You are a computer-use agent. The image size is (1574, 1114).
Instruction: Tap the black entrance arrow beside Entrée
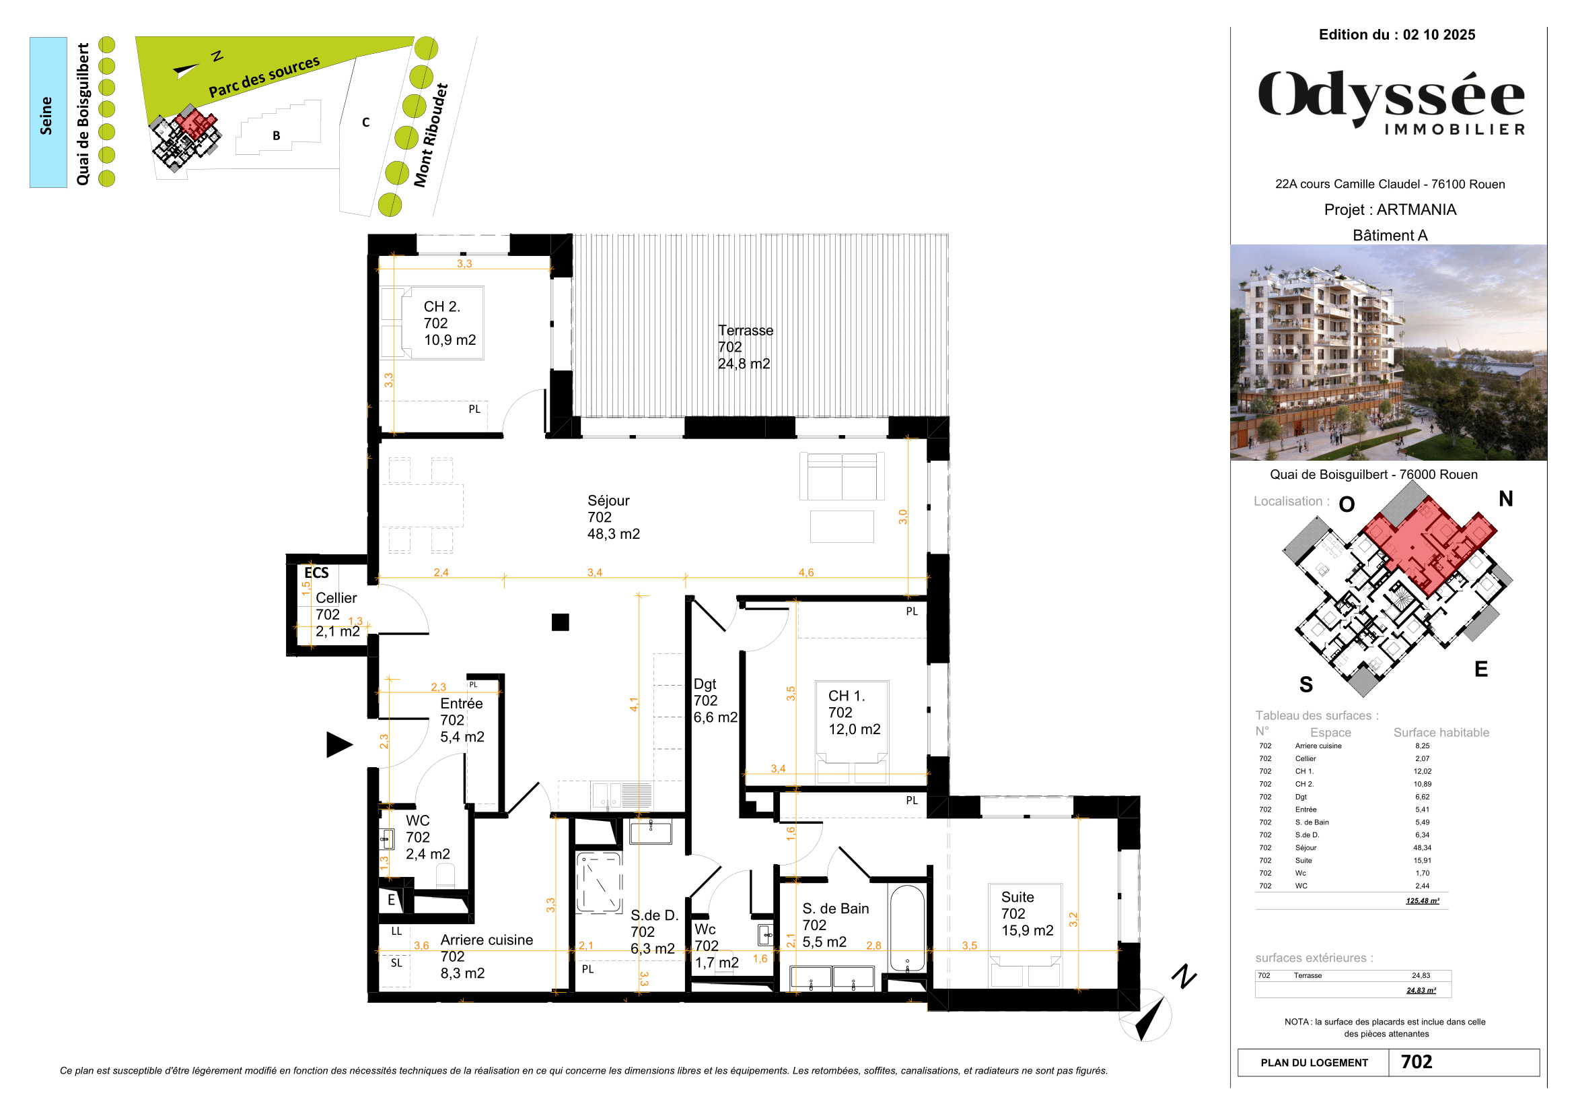(x=338, y=744)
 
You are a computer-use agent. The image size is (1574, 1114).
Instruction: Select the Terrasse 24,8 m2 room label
(x=745, y=347)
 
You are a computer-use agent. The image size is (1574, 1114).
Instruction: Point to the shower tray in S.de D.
(x=598, y=882)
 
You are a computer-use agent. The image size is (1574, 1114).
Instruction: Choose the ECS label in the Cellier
(x=316, y=572)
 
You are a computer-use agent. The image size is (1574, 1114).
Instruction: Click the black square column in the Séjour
(x=560, y=622)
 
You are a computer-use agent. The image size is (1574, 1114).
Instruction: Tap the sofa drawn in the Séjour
(x=841, y=476)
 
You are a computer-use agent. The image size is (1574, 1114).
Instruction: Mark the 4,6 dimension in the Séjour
(x=806, y=572)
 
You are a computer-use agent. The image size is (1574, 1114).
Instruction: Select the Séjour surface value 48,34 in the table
(x=1422, y=848)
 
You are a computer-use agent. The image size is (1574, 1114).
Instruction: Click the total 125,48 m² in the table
(x=1422, y=900)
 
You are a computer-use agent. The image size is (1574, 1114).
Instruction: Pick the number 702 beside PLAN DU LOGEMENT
(x=1417, y=1062)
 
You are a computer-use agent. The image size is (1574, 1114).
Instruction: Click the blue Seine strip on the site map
(x=48, y=112)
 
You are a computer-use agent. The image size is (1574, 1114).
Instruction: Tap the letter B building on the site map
(x=277, y=136)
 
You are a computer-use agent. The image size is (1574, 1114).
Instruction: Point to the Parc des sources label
(x=264, y=77)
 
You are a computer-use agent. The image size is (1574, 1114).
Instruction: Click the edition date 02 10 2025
(x=1438, y=35)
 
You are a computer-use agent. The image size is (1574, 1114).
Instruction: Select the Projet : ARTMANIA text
(x=1390, y=210)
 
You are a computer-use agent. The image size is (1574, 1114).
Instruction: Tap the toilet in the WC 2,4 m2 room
(x=445, y=876)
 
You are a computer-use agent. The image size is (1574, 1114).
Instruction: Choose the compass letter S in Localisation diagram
(x=1306, y=684)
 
